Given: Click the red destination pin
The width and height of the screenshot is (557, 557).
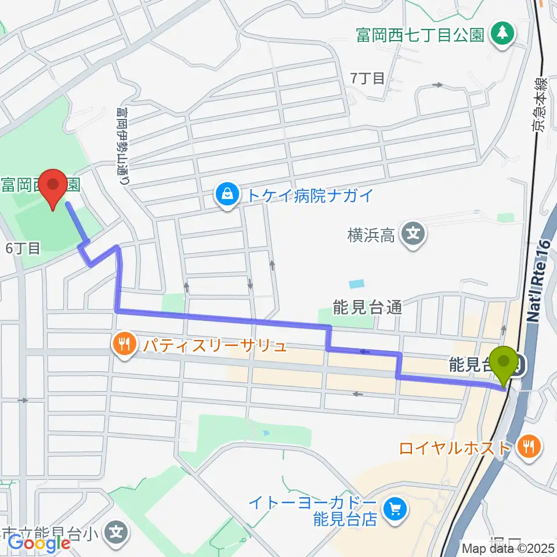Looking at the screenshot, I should [53, 188].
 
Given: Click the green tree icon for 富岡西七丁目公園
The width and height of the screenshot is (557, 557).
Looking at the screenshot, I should [502, 34].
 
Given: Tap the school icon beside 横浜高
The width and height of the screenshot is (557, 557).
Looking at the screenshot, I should [414, 234].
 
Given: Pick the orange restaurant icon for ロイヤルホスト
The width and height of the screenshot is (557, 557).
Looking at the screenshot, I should [529, 447].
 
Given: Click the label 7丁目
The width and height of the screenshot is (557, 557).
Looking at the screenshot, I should [368, 78].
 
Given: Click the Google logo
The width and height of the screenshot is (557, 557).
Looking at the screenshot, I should [39, 543].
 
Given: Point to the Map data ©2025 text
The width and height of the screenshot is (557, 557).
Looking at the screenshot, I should [508, 548].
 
